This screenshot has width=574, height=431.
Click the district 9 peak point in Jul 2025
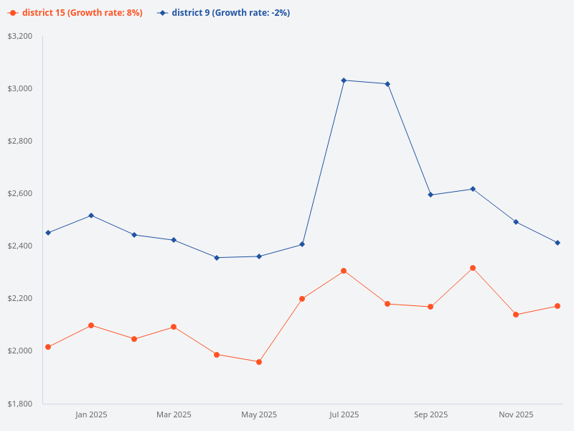[344, 80]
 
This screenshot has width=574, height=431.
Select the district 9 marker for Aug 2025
[387, 84]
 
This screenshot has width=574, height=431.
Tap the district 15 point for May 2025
[259, 362]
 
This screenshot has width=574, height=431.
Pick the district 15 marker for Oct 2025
[473, 268]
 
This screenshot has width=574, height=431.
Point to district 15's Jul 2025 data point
[344, 271]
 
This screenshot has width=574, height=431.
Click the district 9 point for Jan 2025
[91, 215]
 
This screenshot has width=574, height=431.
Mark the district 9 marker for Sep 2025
[430, 195]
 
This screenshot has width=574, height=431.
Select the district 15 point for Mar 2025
[174, 327]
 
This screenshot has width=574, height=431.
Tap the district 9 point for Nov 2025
[516, 222]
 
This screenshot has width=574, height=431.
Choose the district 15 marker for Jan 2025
[91, 325]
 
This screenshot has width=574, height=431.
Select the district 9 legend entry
[224, 13]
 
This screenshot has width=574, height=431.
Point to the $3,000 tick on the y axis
[20, 88]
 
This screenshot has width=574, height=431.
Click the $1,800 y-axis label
[20, 404]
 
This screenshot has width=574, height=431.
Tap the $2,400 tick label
[20, 246]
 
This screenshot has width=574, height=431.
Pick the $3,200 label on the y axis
[20, 36]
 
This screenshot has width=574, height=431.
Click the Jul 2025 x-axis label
[344, 414]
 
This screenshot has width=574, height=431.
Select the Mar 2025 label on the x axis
[174, 414]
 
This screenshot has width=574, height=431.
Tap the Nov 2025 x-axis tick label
[516, 414]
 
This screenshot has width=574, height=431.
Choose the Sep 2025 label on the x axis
[430, 414]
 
